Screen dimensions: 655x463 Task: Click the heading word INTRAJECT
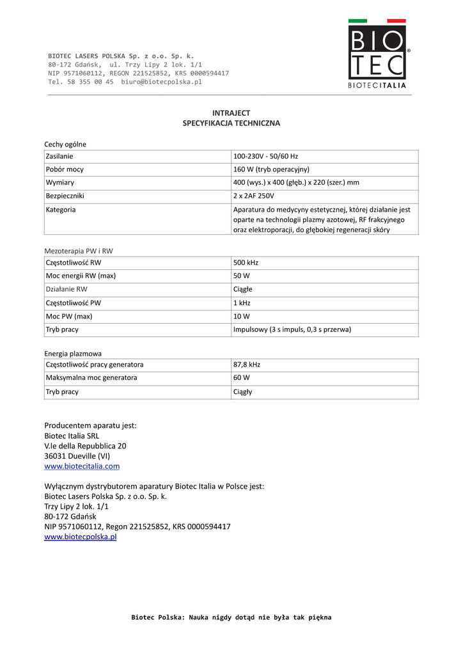click(x=231, y=113)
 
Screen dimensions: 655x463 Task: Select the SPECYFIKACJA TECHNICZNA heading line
click(x=231, y=123)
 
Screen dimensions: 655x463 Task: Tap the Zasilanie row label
click(x=59, y=156)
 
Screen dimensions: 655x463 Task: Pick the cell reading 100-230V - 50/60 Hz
click(x=266, y=156)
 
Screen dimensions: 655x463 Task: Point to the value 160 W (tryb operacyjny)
click(x=271, y=170)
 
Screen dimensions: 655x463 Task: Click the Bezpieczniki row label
click(x=65, y=196)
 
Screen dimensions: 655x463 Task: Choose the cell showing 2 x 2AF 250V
click(x=253, y=196)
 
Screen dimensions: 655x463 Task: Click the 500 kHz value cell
click(x=246, y=262)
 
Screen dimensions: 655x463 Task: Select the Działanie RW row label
click(x=67, y=289)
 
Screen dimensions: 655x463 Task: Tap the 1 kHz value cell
click(x=241, y=303)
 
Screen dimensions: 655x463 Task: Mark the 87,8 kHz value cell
click(x=247, y=365)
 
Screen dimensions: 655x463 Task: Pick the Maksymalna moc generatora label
click(x=91, y=378)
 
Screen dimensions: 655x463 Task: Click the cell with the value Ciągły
click(x=243, y=391)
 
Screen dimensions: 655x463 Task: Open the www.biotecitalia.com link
click(x=82, y=466)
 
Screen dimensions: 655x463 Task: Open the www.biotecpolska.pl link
click(x=80, y=537)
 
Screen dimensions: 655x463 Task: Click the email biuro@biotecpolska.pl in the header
click(x=161, y=82)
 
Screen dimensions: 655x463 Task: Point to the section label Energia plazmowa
click(x=73, y=353)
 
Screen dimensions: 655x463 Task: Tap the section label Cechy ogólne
click(x=65, y=145)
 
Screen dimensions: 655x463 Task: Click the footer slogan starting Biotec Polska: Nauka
click(x=231, y=617)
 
